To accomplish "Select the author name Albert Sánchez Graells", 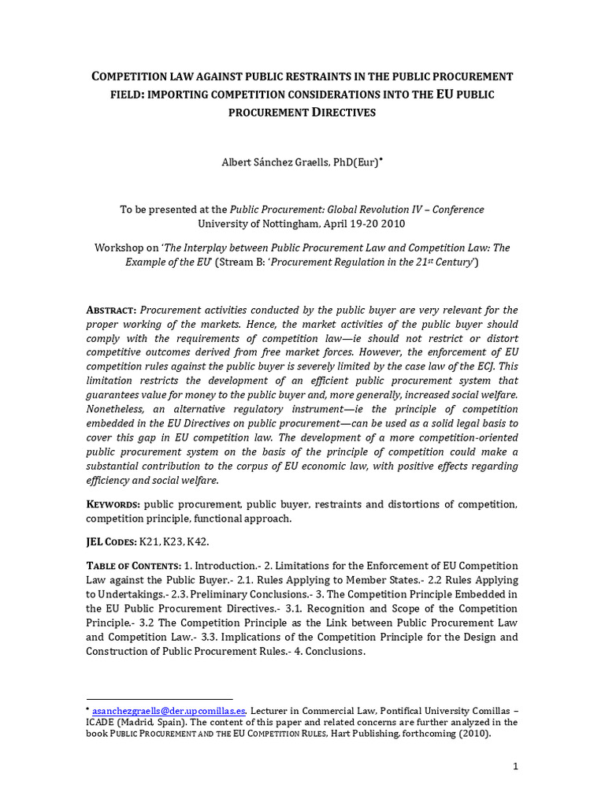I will pos(286,162).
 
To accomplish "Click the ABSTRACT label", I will pos(111,311).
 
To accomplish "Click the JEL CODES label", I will pos(111,542).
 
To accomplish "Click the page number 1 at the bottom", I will pos(514,768).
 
